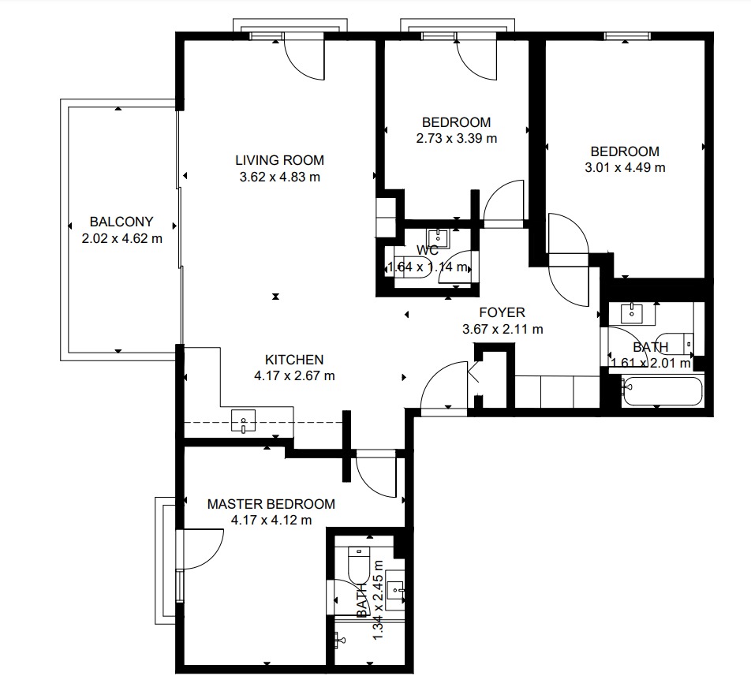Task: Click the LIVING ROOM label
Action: [280, 160]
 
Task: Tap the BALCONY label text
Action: [121, 222]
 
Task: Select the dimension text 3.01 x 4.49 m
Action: [625, 167]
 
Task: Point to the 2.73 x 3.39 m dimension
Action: [457, 138]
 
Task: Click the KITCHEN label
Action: [294, 360]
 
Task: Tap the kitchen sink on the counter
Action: [243, 421]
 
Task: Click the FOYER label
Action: [502, 312]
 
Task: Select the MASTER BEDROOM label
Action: [271, 504]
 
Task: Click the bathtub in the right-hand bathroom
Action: [663, 392]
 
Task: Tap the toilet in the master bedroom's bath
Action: [359, 564]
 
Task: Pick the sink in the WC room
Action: [438, 238]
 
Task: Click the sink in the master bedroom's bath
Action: [396, 591]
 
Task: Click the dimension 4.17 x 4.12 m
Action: [271, 520]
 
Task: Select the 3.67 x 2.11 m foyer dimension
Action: [503, 330]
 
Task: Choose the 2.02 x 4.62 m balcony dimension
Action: [121, 238]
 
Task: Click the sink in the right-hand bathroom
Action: [632, 314]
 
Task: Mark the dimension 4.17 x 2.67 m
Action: [294, 375]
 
